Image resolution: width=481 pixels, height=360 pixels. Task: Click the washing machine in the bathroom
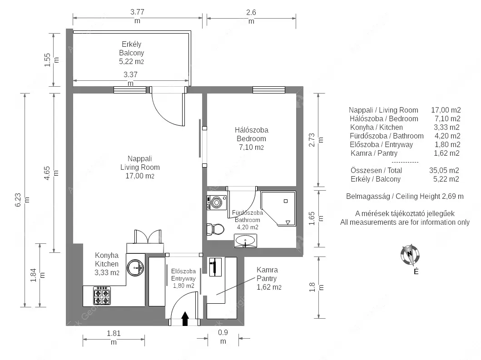(217, 202)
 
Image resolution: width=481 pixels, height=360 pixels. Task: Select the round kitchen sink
(136, 268)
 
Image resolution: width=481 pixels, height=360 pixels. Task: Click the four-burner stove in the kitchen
(102, 296)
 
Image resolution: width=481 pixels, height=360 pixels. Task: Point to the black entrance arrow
(185, 319)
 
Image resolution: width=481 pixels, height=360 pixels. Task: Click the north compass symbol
(410, 255)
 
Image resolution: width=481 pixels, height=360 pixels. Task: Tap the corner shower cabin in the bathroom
(278, 209)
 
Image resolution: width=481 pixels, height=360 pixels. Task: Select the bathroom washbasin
(245, 241)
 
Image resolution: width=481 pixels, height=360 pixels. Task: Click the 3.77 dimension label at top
(137, 12)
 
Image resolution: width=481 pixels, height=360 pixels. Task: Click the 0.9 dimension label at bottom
(223, 332)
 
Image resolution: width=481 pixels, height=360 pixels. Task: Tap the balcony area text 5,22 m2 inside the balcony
(131, 61)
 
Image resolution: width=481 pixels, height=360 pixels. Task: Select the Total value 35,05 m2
(444, 170)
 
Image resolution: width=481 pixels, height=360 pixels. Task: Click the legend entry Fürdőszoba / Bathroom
(387, 136)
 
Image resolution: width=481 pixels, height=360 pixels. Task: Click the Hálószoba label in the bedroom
(252, 130)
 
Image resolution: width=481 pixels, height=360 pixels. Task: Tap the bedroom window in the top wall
(269, 90)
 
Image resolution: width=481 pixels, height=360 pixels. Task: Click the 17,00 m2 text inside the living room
(140, 176)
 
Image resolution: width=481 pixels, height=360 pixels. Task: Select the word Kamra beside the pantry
(267, 270)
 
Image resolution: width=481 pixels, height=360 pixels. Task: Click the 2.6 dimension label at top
(251, 12)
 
